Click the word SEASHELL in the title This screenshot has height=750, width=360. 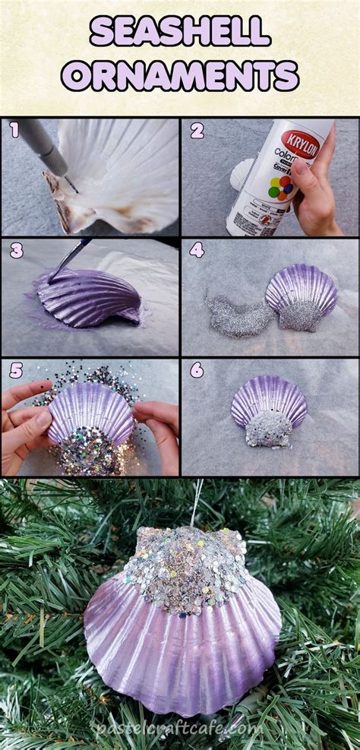pos(180,32)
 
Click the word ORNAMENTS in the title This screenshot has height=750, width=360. pos(180,76)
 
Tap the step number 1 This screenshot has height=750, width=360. pos(14,131)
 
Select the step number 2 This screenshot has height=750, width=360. pos(197,131)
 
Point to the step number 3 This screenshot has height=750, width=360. pos(14,251)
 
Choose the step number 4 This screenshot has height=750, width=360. pos(197,251)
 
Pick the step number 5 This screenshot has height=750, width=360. pos(14,370)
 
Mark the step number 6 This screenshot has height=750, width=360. pos(197,370)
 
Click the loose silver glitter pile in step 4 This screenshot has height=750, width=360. pos(235,315)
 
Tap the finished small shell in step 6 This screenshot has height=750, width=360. pos(269,410)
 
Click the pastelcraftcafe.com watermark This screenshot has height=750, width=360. pos(180,728)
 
